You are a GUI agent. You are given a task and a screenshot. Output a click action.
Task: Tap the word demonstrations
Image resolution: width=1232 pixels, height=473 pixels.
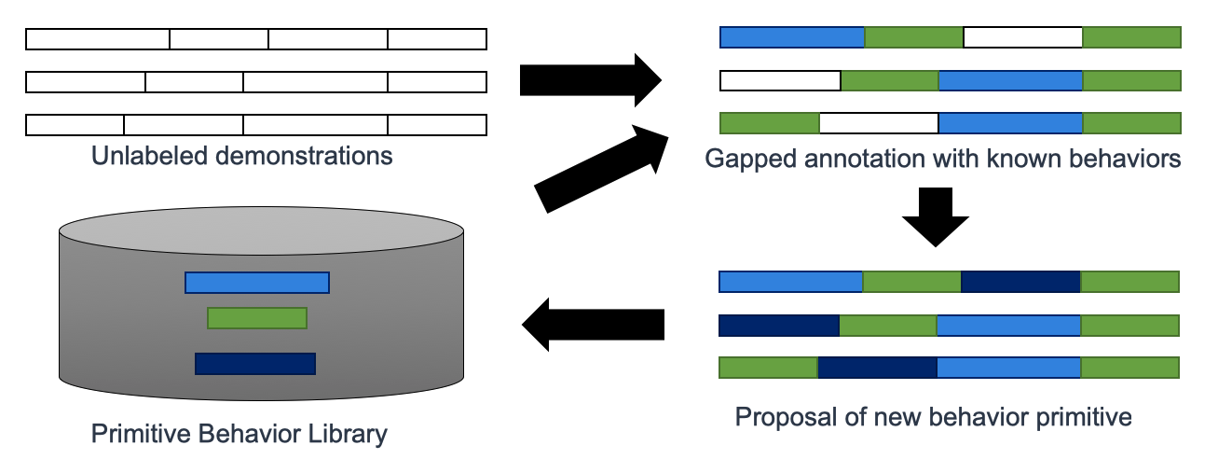click(x=304, y=156)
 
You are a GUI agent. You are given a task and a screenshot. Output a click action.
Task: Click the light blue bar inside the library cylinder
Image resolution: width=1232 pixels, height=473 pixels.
click(x=257, y=283)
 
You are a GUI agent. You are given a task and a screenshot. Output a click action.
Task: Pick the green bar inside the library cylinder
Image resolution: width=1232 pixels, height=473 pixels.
click(x=257, y=318)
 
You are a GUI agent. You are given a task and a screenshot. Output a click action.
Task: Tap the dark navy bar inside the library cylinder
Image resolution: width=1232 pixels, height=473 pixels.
click(x=255, y=364)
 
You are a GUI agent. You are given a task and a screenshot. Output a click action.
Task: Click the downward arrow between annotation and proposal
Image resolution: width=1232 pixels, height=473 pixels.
click(x=935, y=217)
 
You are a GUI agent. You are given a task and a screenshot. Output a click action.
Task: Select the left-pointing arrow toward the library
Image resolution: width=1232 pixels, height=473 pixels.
click(x=593, y=325)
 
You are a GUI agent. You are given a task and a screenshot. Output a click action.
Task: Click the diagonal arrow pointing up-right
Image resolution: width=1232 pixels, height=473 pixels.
click(x=602, y=169)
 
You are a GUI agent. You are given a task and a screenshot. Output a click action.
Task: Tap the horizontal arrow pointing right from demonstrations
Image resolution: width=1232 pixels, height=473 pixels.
click(x=591, y=80)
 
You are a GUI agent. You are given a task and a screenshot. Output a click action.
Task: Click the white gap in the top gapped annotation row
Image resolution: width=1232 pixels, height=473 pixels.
click(x=1023, y=37)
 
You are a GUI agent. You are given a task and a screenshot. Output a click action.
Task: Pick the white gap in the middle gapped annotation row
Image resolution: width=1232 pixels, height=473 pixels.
click(x=780, y=81)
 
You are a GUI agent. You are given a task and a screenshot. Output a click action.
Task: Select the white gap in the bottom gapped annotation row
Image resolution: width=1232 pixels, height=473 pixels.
click(x=879, y=123)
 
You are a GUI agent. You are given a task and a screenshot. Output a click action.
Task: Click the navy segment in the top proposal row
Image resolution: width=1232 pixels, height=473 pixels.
click(x=1020, y=282)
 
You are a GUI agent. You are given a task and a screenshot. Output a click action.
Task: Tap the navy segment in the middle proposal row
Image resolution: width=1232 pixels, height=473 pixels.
click(x=779, y=326)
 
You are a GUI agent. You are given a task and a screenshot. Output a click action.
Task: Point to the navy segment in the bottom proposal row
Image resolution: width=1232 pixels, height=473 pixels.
click(x=878, y=368)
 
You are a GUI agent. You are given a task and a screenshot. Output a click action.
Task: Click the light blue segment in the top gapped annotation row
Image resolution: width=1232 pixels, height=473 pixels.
click(x=792, y=37)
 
